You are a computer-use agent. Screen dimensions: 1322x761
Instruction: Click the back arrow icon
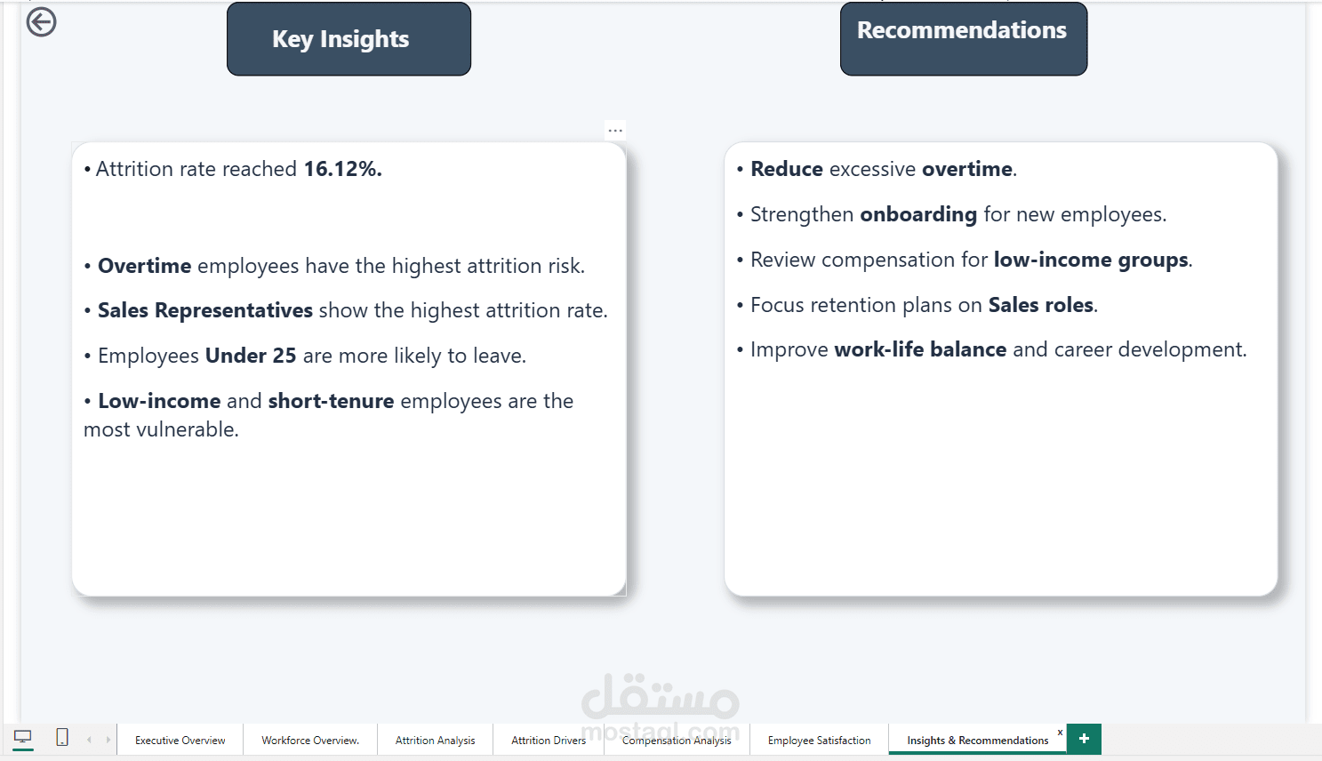41,22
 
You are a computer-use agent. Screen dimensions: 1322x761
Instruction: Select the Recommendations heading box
963,39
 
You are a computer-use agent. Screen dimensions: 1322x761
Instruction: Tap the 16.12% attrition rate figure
343,169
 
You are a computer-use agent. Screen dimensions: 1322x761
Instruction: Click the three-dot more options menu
615,131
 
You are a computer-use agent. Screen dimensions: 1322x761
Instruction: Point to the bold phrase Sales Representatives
204,310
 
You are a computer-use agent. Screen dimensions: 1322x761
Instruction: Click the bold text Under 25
250,356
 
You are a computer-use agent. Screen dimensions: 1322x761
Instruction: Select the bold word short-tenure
331,401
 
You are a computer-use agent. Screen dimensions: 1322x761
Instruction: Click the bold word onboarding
918,214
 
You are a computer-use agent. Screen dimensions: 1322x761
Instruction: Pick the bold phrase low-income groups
1091,260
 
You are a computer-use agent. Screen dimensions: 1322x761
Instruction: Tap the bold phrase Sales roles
1041,305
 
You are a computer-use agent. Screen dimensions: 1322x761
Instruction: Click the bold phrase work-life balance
920,349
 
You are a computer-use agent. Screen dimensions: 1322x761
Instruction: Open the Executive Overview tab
180,740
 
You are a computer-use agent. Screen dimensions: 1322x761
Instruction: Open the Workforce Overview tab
310,740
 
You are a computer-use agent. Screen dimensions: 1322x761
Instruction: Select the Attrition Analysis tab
435,740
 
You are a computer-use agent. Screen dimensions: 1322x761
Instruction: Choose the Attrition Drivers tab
549,740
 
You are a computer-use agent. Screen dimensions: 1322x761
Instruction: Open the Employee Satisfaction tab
819,740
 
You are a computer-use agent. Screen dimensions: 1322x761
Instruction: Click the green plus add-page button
1084,739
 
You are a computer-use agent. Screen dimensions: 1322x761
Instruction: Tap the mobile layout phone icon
62,737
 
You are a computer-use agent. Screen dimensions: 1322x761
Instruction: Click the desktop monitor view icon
22,737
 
